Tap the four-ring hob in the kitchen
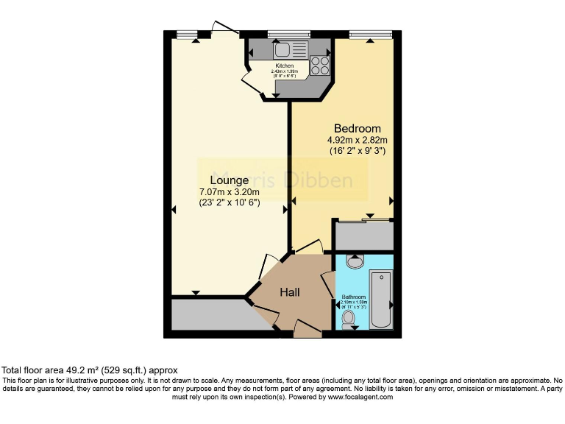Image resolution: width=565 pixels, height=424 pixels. (x=319, y=65)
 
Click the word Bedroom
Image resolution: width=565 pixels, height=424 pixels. (x=358, y=128)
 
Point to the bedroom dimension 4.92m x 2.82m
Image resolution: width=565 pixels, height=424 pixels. (x=358, y=140)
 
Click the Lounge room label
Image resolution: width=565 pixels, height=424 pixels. (x=229, y=180)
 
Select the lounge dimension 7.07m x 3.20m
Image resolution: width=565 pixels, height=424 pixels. (x=229, y=192)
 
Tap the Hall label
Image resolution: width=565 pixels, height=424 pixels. (x=289, y=292)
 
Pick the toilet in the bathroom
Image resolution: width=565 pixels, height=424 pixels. (x=349, y=317)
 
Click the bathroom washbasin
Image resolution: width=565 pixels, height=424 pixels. (x=354, y=261)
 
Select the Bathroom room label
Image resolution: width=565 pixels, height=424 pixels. (x=353, y=297)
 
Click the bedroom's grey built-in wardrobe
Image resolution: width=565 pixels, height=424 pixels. (x=363, y=236)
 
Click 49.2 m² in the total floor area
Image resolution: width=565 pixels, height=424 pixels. (x=82, y=370)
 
